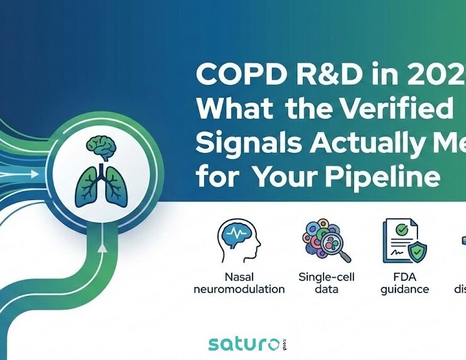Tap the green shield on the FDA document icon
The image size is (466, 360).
417,252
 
